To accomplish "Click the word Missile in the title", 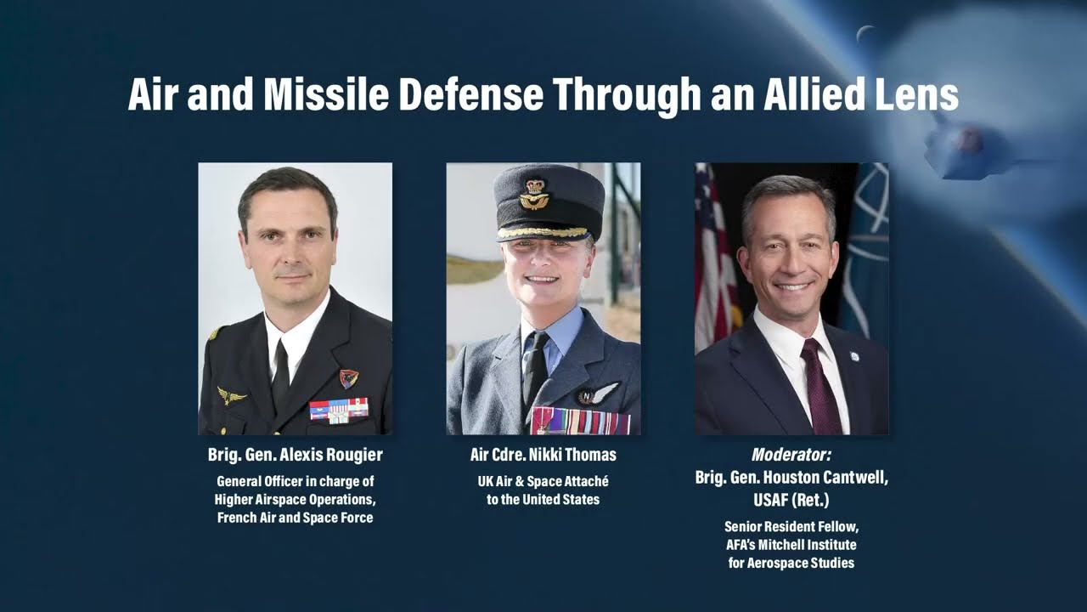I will (x=326, y=94).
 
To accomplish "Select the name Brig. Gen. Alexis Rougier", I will (x=295, y=455).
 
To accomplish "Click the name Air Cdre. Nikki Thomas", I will (x=543, y=455).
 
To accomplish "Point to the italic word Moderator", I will (x=791, y=455).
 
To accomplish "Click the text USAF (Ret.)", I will (x=791, y=499).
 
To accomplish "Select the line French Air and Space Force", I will (x=295, y=518).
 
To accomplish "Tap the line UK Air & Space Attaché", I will (x=543, y=481).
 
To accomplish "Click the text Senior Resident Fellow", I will (x=791, y=526).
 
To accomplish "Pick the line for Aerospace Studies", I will (x=791, y=563).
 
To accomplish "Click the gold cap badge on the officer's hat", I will (x=534, y=195).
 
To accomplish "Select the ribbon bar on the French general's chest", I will (x=339, y=410).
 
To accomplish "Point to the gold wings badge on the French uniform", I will (x=230, y=395).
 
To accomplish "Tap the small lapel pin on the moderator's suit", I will (x=853, y=356).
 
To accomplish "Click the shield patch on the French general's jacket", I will (x=348, y=378).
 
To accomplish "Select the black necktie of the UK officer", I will (x=535, y=370).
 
